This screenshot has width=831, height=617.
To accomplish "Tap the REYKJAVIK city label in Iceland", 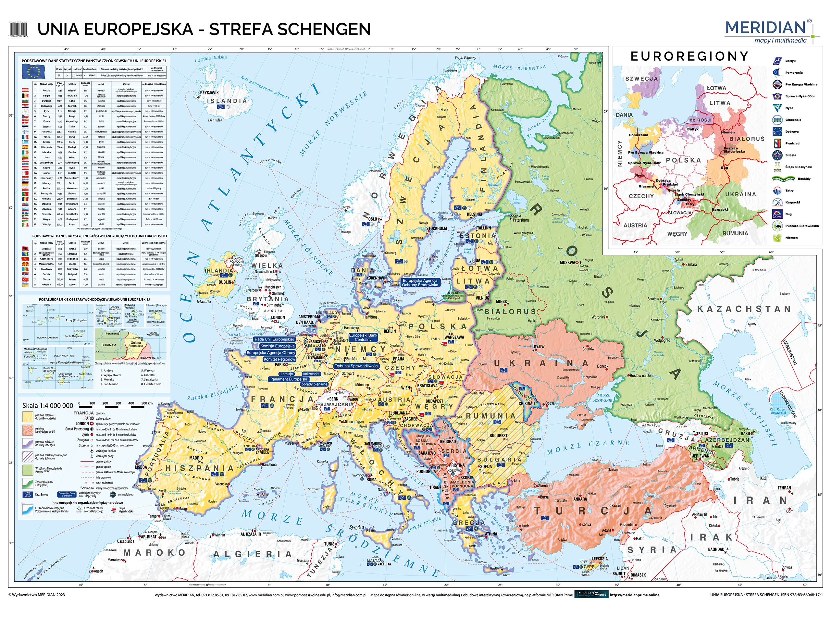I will click(x=209, y=93).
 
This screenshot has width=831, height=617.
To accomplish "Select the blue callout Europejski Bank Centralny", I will click(x=363, y=337).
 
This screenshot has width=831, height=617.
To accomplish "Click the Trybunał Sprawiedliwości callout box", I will click(x=356, y=366).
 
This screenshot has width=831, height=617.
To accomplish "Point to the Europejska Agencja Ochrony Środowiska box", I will click(x=420, y=282).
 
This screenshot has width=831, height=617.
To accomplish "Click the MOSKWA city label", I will click(x=568, y=263).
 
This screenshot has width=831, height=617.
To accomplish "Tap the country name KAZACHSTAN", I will click(x=744, y=309).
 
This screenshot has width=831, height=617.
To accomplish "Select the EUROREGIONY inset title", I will click(x=689, y=56).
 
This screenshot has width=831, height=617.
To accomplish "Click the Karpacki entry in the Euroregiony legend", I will click(x=792, y=203).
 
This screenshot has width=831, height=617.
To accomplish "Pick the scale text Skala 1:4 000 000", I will click(x=48, y=406).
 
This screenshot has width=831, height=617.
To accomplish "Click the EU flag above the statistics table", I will click(x=33, y=71).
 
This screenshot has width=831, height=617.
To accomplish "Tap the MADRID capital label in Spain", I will click(x=196, y=458).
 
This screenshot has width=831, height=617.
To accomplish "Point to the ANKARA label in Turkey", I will click(x=580, y=499).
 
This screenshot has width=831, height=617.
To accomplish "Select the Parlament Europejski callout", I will click(x=289, y=379).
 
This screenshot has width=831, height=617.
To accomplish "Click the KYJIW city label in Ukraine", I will click(x=539, y=347).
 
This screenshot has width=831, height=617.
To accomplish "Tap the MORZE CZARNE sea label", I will click(x=588, y=447).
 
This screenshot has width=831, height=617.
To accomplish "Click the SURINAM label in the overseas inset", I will click(x=109, y=345).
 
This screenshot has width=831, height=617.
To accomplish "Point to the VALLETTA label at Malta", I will click(x=384, y=564).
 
